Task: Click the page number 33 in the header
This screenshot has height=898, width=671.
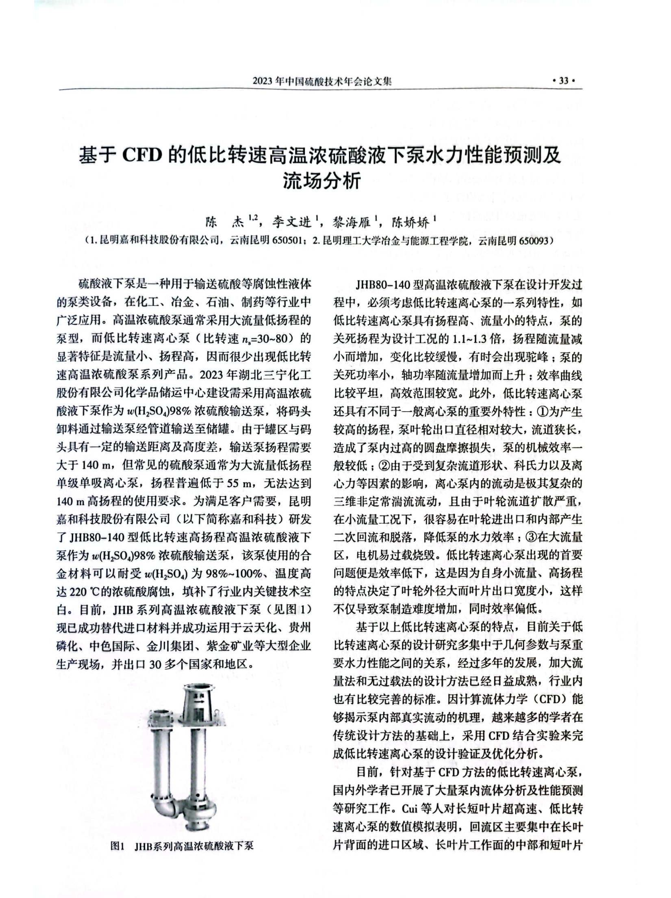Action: tap(563, 81)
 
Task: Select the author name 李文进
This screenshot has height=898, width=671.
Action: tap(291, 222)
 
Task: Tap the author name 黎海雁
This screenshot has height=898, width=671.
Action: tap(352, 222)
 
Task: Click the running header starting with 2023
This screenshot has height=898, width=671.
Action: tap(322, 81)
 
